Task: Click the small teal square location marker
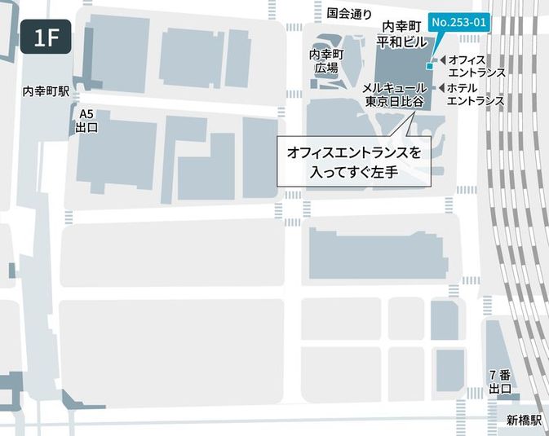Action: click(430, 66)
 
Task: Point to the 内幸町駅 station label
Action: click(46, 93)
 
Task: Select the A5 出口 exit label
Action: click(86, 121)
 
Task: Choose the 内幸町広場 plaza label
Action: click(326, 61)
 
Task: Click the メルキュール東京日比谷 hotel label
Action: click(395, 95)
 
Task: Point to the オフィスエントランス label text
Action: click(477, 66)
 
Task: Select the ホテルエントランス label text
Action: click(476, 95)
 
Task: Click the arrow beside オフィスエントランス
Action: click(441, 60)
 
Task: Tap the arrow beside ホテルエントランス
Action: click(441, 88)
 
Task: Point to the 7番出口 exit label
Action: click(500, 382)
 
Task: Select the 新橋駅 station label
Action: click(523, 421)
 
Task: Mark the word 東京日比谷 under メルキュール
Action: click(395, 102)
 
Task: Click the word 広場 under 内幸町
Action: click(326, 68)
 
